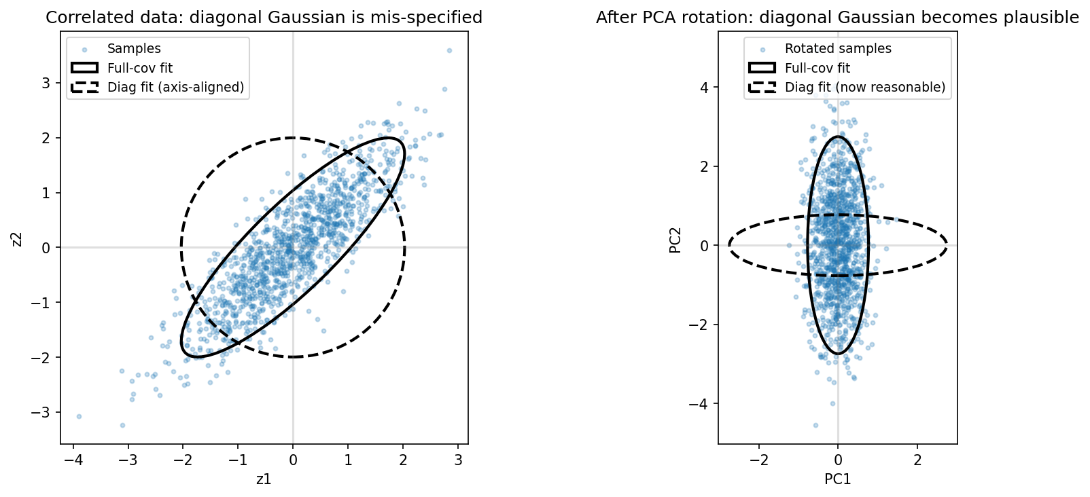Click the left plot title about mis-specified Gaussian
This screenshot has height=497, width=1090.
(x=264, y=18)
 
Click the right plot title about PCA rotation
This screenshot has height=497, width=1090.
(x=837, y=18)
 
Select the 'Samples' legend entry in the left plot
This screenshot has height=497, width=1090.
(x=134, y=49)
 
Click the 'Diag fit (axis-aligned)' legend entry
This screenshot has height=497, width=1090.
(x=175, y=88)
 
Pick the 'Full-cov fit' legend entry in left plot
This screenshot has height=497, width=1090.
(x=140, y=68)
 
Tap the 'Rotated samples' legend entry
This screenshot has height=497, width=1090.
(x=838, y=49)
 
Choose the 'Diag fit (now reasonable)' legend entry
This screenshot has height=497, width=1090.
(x=865, y=88)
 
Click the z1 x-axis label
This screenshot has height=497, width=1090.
(x=264, y=479)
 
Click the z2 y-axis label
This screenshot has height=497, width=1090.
(x=17, y=240)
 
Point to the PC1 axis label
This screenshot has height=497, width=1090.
(x=837, y=479)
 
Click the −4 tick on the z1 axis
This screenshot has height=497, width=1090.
(x=73, y=460)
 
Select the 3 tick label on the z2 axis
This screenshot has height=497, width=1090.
(x=47, y=83)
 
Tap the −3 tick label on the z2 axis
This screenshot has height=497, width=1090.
(x=42, y=413)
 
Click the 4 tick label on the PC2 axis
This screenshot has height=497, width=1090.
(x=705, y=88)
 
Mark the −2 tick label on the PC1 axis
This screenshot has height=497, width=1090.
(x=758, y=460)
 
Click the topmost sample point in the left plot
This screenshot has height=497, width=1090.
(x=449, y=50)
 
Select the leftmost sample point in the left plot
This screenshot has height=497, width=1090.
(x=79, y=416)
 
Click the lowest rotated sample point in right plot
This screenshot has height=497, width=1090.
(x=815, y=426)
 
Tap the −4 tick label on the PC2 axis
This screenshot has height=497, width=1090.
(x=700, y=404)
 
